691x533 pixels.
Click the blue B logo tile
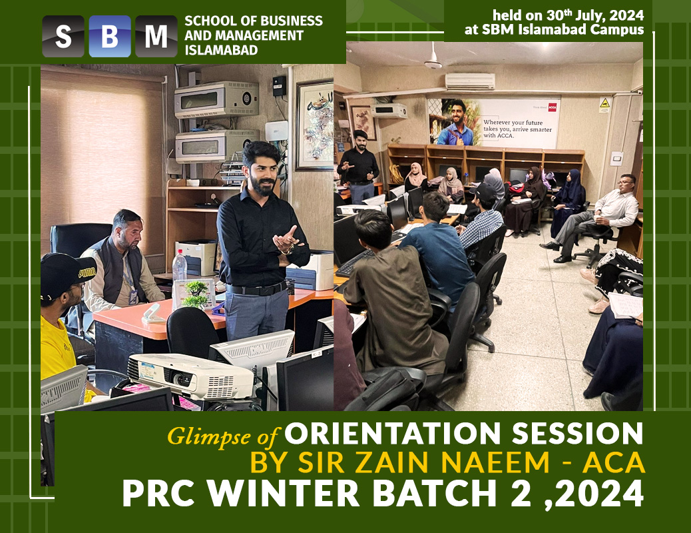[110, 36]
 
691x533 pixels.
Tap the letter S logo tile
[63, 36]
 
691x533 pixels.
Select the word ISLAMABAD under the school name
[221, 50]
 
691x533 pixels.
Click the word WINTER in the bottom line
[288, 493]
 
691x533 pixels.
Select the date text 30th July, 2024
[595, 15]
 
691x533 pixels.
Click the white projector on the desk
[190, 376]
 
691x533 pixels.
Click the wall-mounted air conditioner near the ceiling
[470, 81]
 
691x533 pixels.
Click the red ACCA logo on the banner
[552, 107]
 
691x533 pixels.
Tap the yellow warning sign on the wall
[604, 104]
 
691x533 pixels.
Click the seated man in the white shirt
[590, 219]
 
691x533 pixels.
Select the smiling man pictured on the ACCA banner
[456, 122]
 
